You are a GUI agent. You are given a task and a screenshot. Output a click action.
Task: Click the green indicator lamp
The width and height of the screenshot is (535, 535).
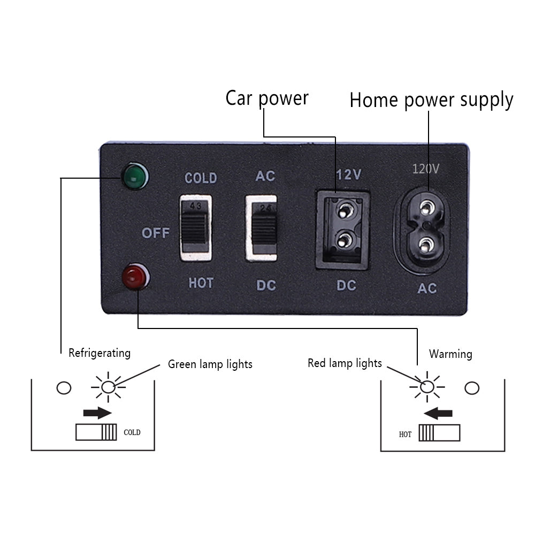135,177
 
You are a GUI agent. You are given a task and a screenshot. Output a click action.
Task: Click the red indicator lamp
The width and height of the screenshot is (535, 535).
135,277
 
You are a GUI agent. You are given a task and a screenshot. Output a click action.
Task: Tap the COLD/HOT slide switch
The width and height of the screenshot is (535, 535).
195,228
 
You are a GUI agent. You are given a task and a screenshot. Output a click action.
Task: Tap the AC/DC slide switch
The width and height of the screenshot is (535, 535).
261,228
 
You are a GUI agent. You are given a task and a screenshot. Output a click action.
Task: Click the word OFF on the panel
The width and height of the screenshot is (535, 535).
156,233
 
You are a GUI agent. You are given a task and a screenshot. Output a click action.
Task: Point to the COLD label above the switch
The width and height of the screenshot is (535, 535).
201,178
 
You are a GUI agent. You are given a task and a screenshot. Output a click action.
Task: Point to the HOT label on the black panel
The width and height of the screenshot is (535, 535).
201,283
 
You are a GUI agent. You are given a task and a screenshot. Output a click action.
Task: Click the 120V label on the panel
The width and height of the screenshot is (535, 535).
425,169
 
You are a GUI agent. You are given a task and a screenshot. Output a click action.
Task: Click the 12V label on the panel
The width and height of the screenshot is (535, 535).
349,175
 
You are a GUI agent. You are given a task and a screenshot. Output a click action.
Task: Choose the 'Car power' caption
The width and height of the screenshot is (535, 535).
266,98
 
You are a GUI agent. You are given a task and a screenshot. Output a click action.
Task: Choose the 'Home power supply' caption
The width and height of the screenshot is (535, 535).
431,100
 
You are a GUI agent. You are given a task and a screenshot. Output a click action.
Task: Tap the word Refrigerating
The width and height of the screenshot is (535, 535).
100,353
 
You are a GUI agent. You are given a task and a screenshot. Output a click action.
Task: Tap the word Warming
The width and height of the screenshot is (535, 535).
450,354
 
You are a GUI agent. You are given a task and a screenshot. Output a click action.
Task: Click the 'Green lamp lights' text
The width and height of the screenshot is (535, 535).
210,364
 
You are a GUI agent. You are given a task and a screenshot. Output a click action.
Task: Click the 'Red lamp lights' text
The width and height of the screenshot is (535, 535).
345,363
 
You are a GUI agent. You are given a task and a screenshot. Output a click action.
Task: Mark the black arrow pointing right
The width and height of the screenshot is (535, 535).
97,412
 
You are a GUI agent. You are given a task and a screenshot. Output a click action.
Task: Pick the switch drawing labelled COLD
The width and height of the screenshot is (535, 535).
96,432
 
